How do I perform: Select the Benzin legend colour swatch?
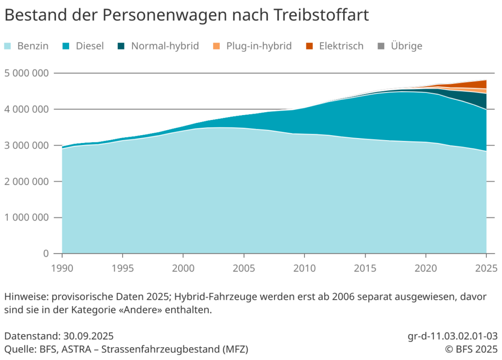[x=8, y=47]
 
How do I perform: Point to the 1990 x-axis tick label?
[x=62, y=268]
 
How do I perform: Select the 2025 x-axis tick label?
[x=486, y=268]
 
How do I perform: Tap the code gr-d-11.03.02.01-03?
[x=452, y=336]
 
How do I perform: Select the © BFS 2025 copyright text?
[x=471, y=349]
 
